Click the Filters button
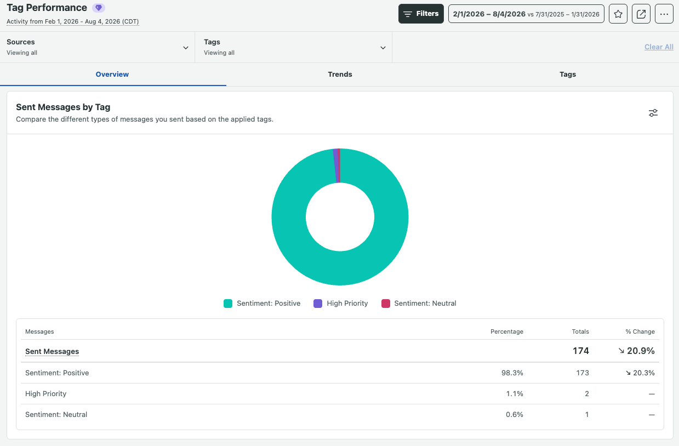tap(421, 14)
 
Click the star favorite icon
tap(618, 14)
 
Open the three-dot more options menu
tap(664, 14)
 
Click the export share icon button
tap(641, 14)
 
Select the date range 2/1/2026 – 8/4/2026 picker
tap(526, 14)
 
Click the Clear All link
tap(659, 47)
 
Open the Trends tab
tap(340, 74)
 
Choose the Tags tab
tap(567, 74)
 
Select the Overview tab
tap(112, 74)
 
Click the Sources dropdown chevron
tap(186, 48)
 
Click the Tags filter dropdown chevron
tap(383, 48)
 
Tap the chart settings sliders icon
tap(653, 113)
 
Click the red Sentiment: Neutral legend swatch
tap(386, 304)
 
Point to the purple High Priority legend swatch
tap(318, 304)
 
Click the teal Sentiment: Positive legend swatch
tap(228, 304)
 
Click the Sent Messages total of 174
tap(580, 351)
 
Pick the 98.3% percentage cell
tap(512, 373)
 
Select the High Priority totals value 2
tap(587, 393)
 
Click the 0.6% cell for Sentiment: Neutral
tap(515, 414)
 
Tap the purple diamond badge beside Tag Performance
tap(99, 8)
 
